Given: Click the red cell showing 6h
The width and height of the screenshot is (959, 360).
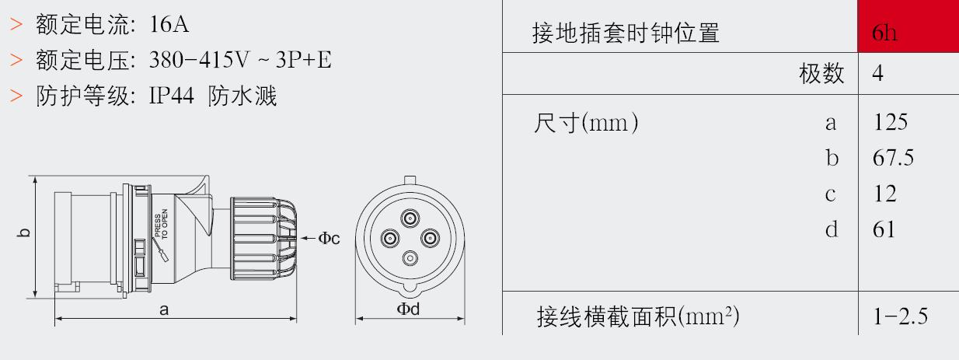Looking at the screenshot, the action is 908,26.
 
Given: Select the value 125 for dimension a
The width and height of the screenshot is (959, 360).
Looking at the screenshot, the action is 890,123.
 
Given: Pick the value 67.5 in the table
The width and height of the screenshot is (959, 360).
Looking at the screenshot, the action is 893,158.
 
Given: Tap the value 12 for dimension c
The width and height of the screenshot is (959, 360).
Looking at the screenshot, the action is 884,194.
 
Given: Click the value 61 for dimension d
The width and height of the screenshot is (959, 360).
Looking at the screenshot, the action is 884,229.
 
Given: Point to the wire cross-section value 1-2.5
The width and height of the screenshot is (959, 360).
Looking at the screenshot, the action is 901,316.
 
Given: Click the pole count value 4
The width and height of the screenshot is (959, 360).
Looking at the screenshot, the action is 877,73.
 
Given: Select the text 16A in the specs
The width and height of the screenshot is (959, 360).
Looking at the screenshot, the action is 169,24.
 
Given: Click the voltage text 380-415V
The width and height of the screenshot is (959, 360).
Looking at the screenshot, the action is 199,60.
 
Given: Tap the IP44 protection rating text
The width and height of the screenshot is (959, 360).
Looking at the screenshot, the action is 171,96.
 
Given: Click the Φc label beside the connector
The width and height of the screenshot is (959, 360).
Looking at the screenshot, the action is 329,238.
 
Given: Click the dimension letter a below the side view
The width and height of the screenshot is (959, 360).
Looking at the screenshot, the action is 164,310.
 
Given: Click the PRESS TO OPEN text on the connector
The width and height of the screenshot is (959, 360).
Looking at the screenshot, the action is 162,224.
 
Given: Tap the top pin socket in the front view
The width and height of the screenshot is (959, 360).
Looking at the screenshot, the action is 410,218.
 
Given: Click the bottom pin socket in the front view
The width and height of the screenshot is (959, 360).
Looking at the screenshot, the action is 410,258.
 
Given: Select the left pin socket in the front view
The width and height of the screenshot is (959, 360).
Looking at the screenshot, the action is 390,239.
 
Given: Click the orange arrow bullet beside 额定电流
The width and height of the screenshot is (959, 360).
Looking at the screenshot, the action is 16,24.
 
